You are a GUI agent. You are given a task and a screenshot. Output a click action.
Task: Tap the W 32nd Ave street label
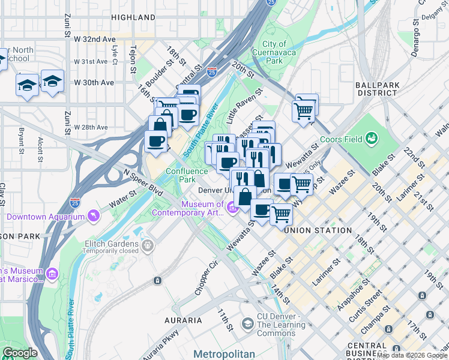click(94, 39)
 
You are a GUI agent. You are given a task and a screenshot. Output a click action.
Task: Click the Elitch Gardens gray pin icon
click(146, 244)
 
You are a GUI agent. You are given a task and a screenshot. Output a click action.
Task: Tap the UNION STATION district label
click(319, 230)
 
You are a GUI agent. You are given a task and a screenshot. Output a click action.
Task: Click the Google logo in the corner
click(20, 353)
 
